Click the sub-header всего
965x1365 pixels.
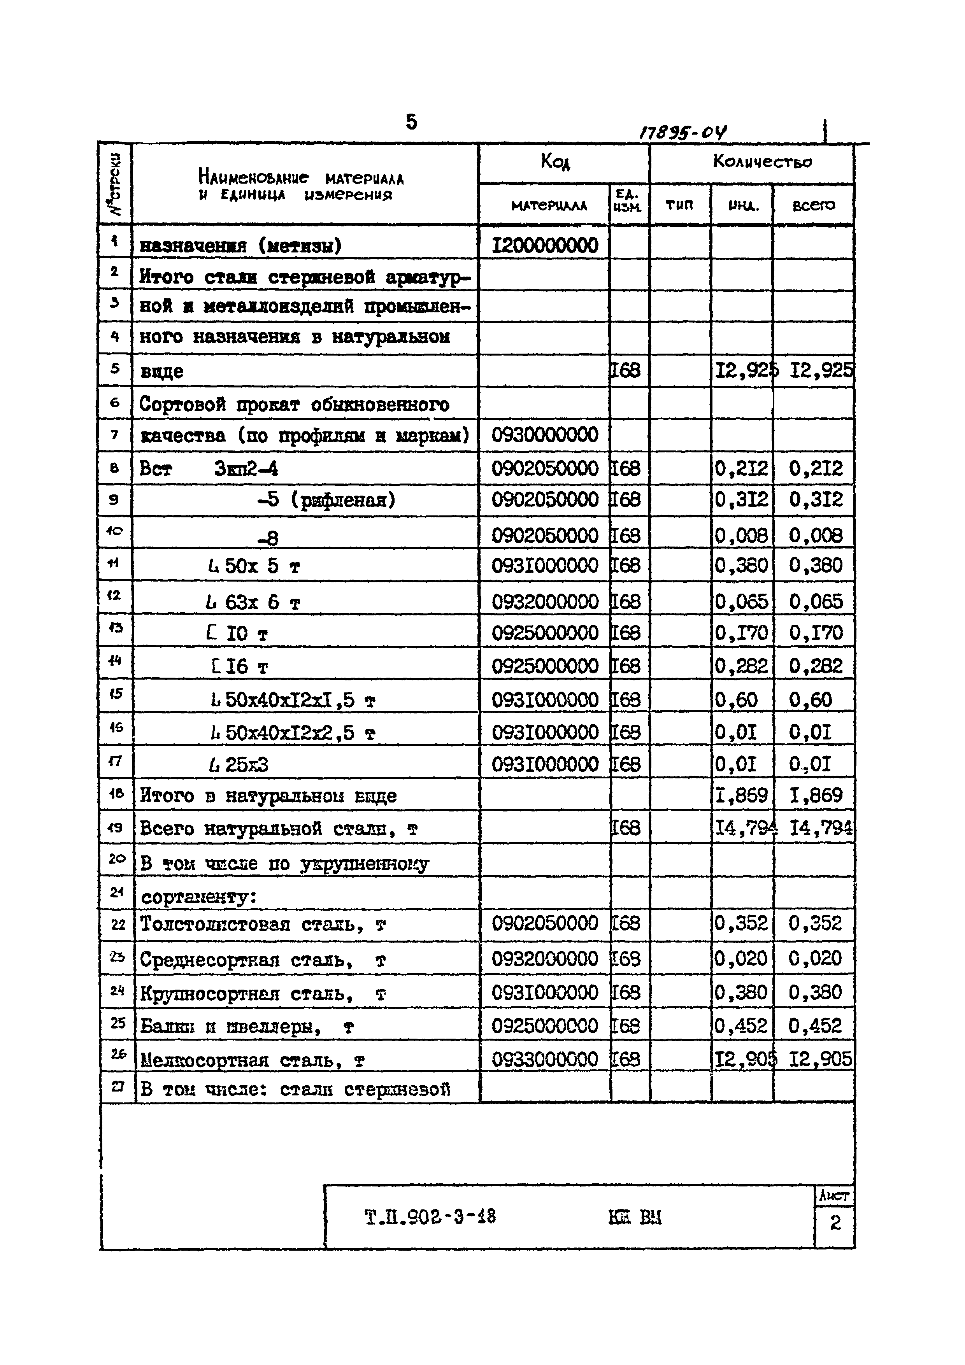(813, 205)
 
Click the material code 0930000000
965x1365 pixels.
(545, 435)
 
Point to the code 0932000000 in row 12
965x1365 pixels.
(545, 602)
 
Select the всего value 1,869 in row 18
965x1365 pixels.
(815, 796)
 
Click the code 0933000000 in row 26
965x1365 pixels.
(545, 1059)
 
